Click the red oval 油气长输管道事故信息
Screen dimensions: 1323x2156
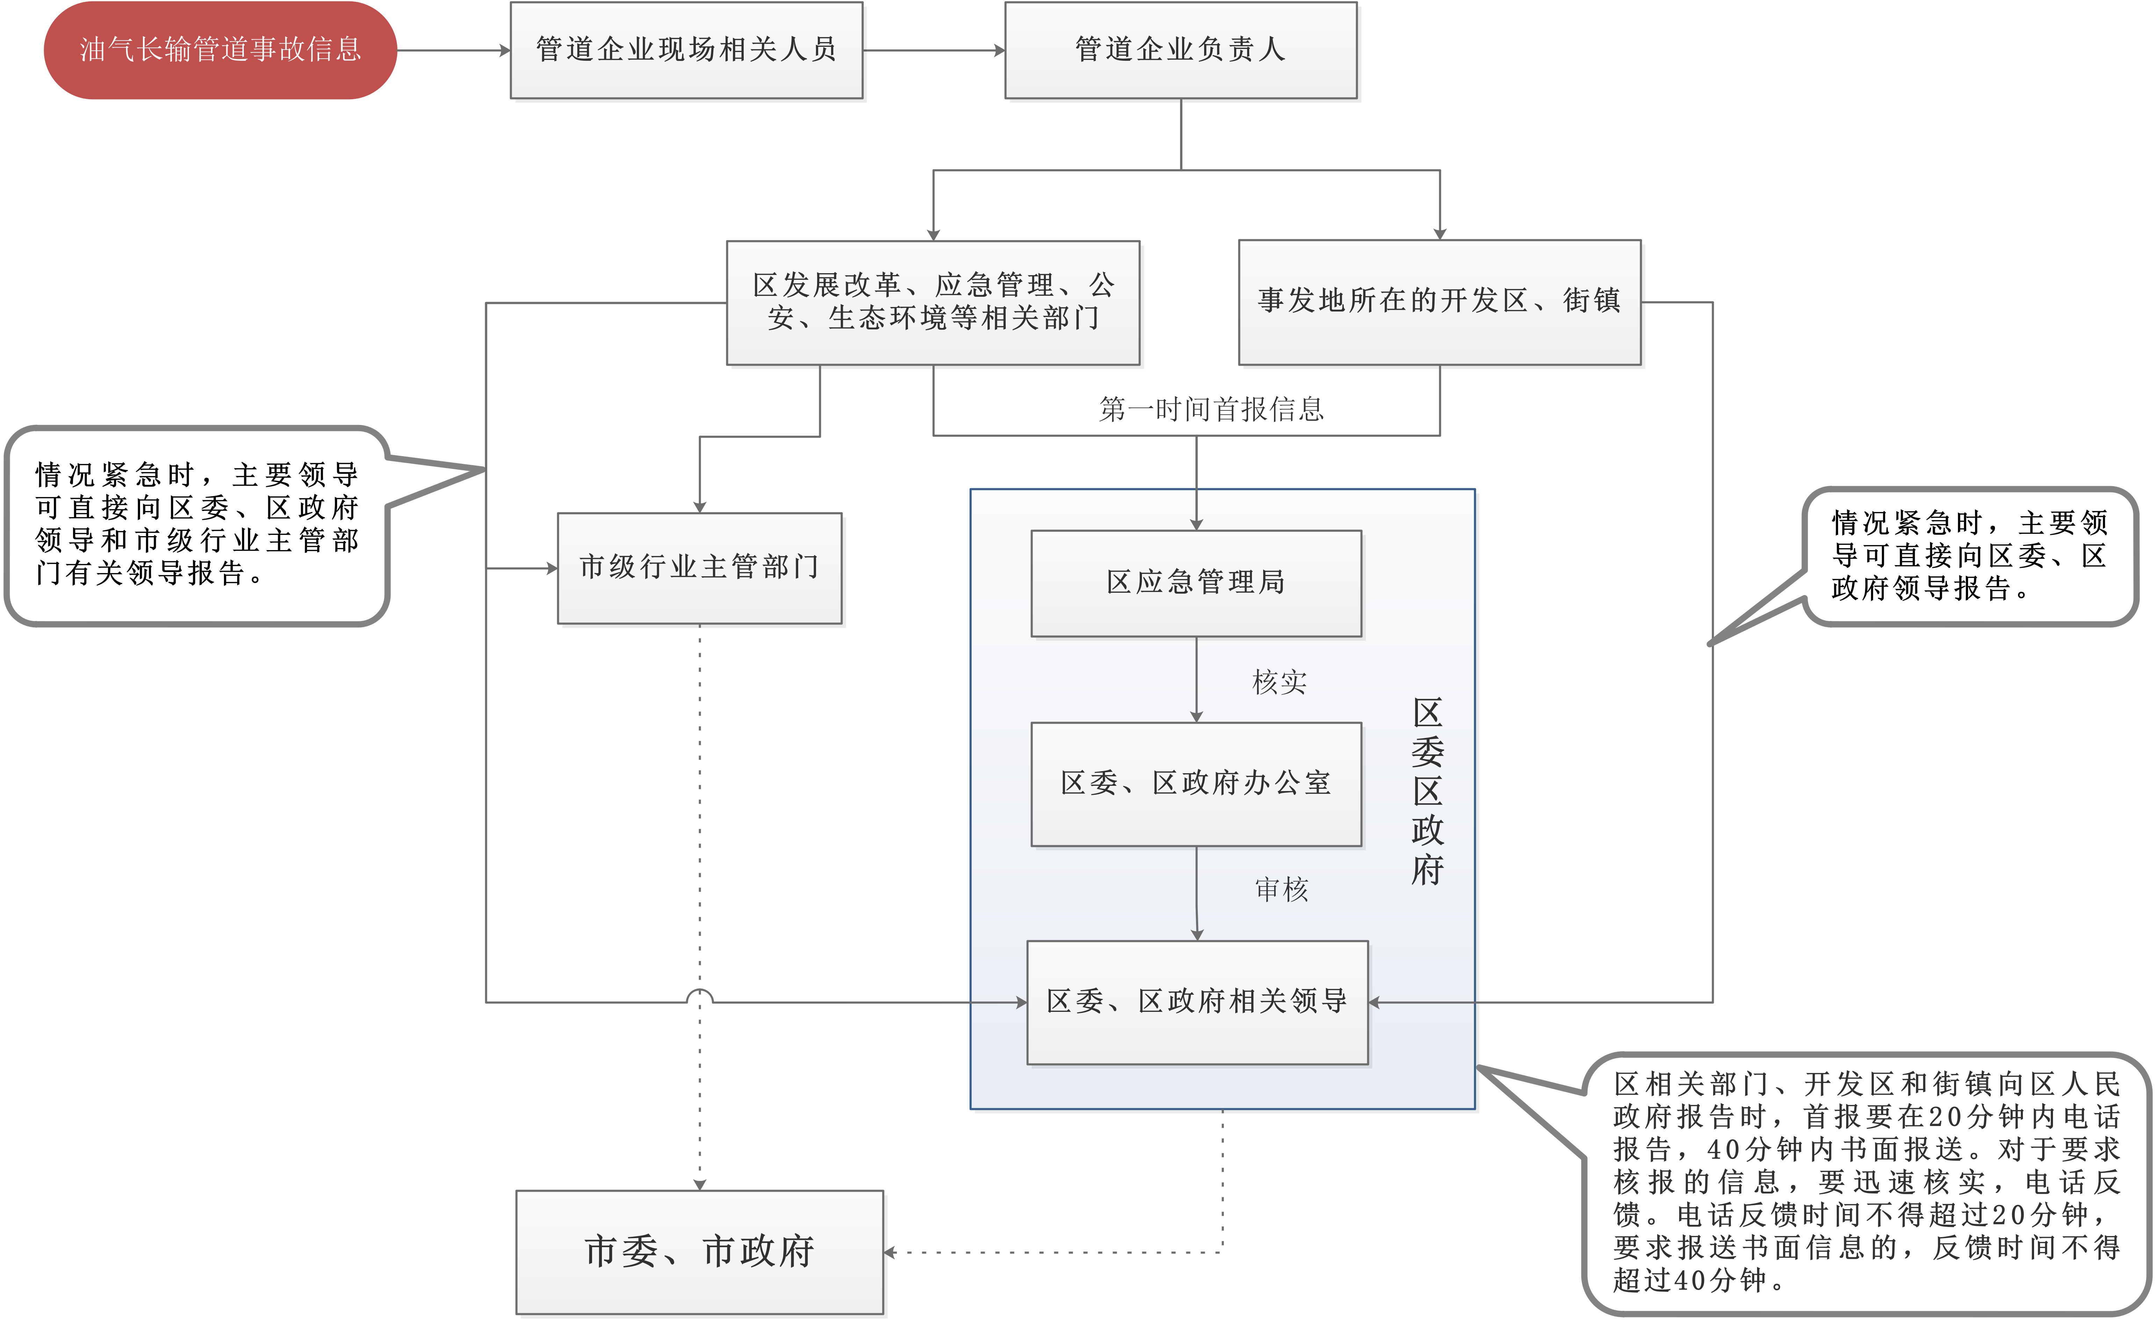click(220, 50)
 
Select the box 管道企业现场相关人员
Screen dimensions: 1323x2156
click(686, 50)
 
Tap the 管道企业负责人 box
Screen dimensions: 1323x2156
click(1180, 50)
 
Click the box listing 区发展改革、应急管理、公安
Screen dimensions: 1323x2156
click(933, 302)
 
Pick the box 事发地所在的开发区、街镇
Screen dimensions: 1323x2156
click(1440, 302)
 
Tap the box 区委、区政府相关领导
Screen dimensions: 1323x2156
click(1197, 1002)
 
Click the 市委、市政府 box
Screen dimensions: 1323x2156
click(699, 1251)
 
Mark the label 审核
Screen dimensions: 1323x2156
click(1281, 890)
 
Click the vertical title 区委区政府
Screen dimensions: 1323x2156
click(1427, 792)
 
